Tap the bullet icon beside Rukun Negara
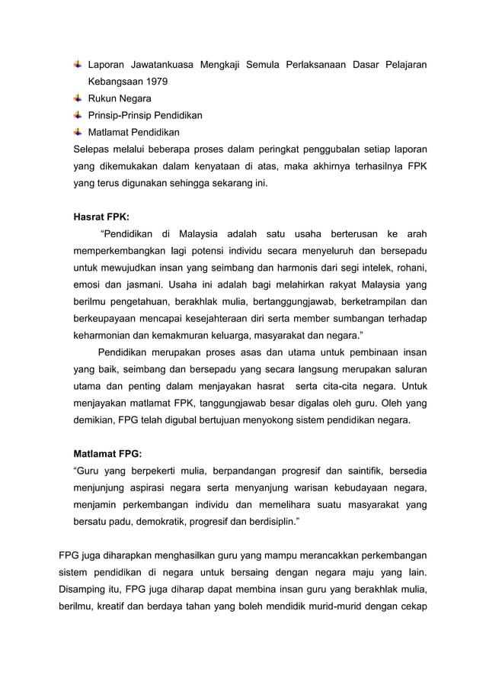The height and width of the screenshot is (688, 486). (x=78, y=98)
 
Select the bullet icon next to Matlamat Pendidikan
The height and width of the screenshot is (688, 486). (x=78, y=132)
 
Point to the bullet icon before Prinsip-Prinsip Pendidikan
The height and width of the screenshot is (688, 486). (x=78, y=115)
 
